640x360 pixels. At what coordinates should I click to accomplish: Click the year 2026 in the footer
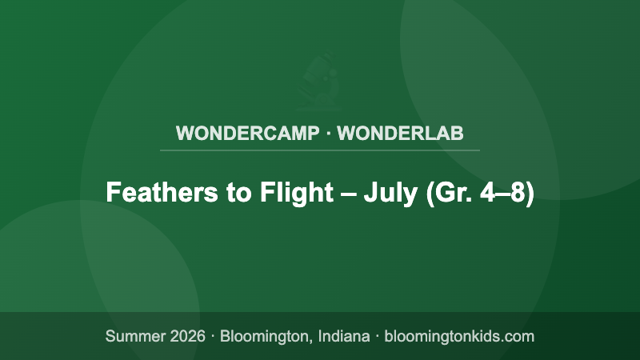pyautogui.click(x=187, y=336)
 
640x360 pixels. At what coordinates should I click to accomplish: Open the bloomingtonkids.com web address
pyautogui.click(x=459, y=336)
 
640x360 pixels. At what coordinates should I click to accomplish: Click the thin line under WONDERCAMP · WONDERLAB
pyautogui.click(x=320, y=150)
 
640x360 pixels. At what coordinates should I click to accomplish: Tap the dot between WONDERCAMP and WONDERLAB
pyautogui.click(x=328, y=133)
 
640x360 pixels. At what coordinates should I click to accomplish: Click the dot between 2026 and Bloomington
pyautogui.click(x=213, y=336)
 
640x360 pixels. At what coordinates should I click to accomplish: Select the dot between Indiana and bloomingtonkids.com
pyautogui.click(x=376, y=336)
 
